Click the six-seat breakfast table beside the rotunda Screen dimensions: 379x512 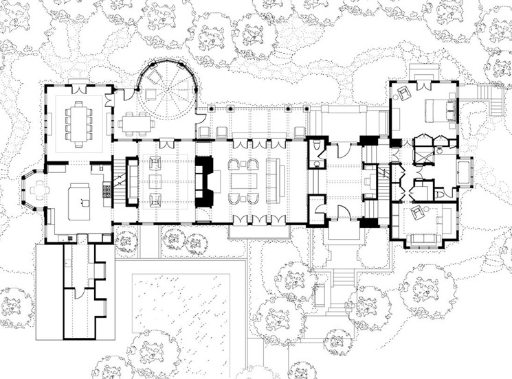pos(134,124)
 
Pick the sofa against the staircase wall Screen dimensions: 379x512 pos(132,182)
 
